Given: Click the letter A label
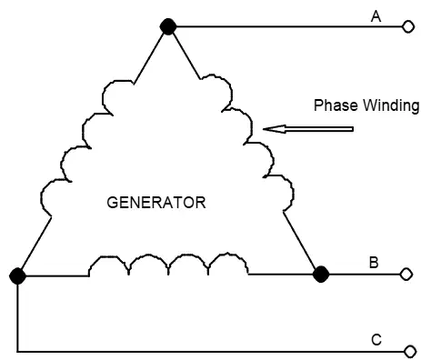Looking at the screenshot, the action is click(x=376, y=16).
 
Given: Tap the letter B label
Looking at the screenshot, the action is click(x=374, y=263).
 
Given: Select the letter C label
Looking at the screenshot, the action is click(x=376, y=340).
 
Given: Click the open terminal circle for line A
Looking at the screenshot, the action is click(x=408, y=26).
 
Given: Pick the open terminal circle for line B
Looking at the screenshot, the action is click(x=406, y=274).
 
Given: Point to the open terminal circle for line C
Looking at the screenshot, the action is click(x=410, y=352).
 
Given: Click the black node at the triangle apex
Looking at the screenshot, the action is click(x=168, y=26).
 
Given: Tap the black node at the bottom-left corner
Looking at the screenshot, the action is click(x=17, y=275).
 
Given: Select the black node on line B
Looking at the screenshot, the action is click(x=321, y=275).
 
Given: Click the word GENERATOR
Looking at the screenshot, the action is click(x=156, y=203).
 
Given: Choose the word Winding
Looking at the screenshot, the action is click(x=391, y=106).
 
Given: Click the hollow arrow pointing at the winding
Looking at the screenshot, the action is click(x=308, y=129).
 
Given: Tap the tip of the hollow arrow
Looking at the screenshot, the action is click(x=263, y=129).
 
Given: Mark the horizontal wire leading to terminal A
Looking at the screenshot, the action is click(x=289, y=26).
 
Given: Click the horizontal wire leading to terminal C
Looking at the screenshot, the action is click(x=211, y=352).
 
